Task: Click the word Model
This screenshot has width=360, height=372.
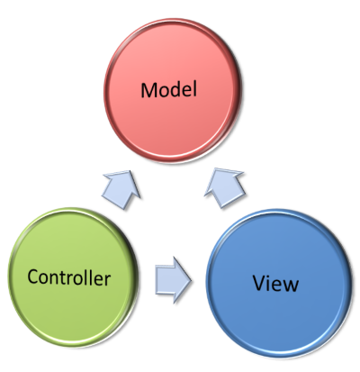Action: tap(169, 89)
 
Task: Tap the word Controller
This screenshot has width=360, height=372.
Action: tap(69, 277)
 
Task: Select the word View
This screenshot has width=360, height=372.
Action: tap(275, 283)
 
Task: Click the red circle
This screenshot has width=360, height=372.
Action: tap(173, 90)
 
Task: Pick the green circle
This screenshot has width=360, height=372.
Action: tap(73, 277)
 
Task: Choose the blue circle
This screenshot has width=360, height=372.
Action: tap(279, 284)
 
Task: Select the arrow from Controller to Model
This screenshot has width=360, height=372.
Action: tap(121, 189)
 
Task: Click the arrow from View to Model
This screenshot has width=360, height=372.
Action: tap(224, 187)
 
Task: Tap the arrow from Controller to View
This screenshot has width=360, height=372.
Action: tap(173, 280)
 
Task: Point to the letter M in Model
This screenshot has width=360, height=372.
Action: tap(148, 90)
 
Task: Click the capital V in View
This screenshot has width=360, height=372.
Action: tap(260, 283)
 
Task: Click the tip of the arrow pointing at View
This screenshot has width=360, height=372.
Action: tap(191, 280)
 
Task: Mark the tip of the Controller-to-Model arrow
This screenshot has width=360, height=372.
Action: tap(130, 171)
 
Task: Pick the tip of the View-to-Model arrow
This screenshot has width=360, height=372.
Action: tap(215, 168)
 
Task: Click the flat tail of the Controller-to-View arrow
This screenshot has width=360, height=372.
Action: tap(156, 280)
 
